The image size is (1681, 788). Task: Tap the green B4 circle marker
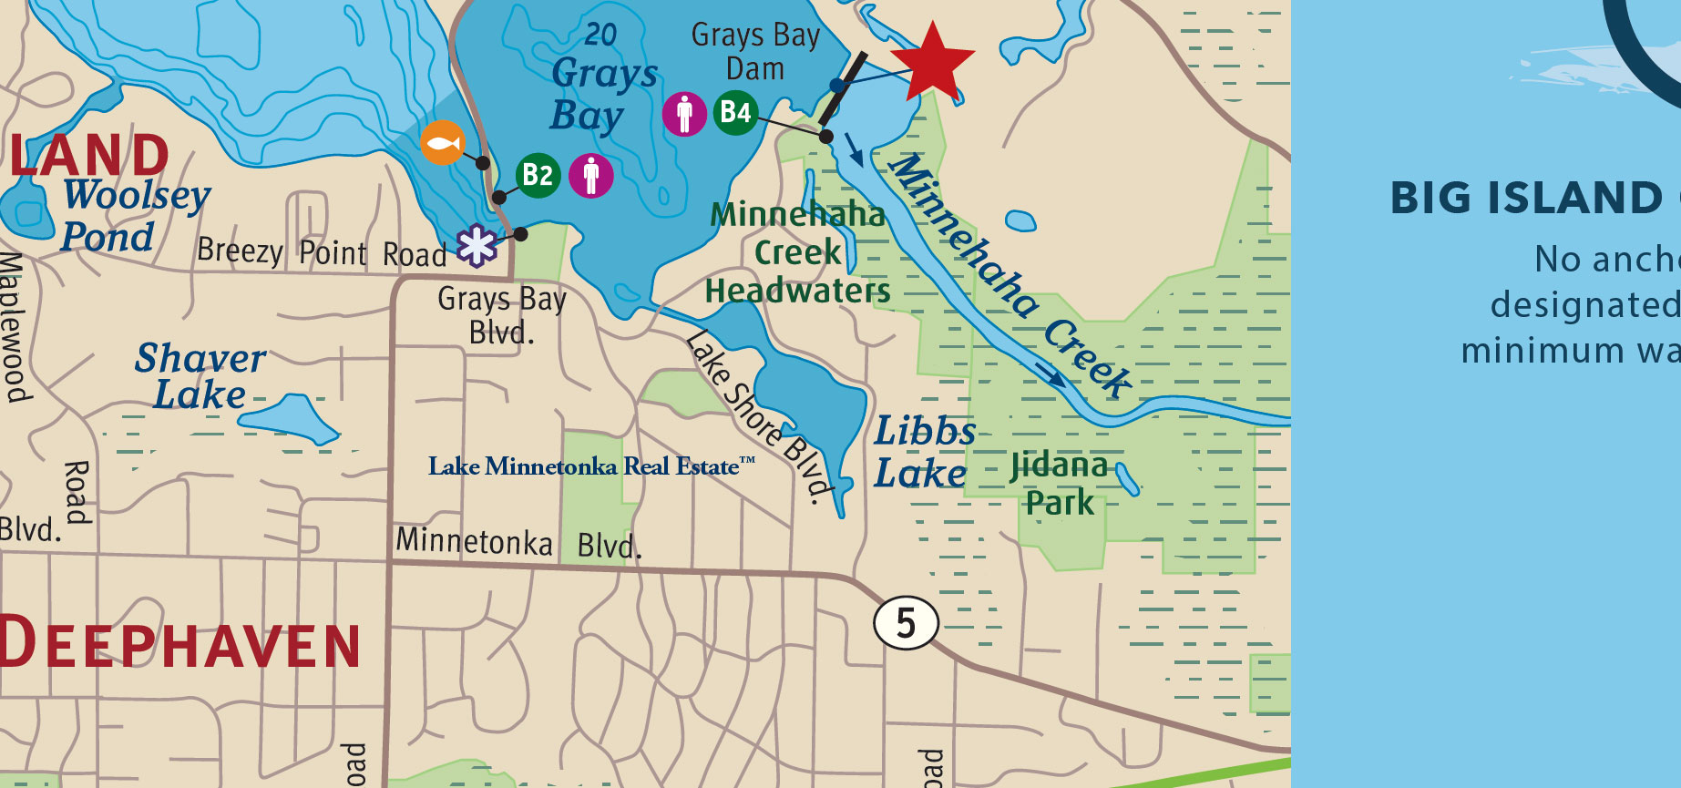coord(735,113)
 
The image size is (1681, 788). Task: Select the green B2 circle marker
coord(538,175)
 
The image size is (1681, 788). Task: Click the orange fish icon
coord(443,143)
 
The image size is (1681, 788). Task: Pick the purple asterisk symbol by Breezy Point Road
coord(477,245)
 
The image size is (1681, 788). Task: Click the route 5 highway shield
coord(906,624)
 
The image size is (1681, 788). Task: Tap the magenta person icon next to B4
coord(684,114)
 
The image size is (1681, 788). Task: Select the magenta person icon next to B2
coord(591,175)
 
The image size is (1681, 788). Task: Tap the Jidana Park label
coord(1059,484)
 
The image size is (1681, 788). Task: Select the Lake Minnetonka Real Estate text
coord(591,466)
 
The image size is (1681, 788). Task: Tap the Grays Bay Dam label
coord(755,52)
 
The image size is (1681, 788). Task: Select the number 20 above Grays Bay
coord(600,35)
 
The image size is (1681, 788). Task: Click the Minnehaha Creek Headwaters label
coord(797,252)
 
